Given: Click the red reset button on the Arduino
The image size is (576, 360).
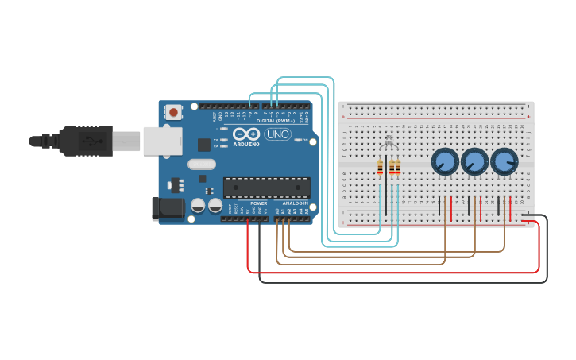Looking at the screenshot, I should [173, 112].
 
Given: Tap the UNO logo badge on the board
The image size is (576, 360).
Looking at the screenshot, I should [277, 134].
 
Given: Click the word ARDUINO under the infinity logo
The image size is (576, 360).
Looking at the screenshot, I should [246, 145].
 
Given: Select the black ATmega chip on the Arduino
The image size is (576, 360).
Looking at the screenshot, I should [266, 187].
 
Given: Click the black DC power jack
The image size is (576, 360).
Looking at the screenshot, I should [165, 208].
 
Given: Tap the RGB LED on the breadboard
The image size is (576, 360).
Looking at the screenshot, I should [388, 144].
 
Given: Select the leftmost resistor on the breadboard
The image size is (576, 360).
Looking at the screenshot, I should [380, 167].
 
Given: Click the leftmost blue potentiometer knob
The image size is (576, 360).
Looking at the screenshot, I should [445, 162].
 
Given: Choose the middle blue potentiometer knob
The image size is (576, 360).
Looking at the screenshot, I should [474, 162].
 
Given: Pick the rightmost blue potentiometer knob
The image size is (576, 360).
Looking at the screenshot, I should [504, 162].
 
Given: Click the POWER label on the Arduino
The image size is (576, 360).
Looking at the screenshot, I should [259, 203].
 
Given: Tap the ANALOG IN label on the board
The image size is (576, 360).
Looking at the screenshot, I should [295, 203].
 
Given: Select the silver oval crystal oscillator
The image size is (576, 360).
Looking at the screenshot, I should [202, 165].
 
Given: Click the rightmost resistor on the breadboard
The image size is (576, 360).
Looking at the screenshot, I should [398, 167].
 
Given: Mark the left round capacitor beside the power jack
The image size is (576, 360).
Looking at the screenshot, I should [199, 206].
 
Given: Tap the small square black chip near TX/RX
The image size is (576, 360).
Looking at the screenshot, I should [204, 145].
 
